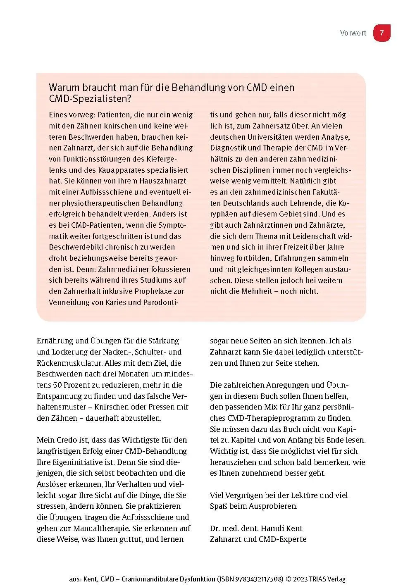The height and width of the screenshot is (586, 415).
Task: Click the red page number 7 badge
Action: [382, 33]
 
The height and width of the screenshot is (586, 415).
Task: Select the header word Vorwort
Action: [353, 33]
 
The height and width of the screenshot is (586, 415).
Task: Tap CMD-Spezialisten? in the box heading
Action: [90, 99]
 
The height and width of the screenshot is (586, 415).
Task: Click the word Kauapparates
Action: [122, 170]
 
